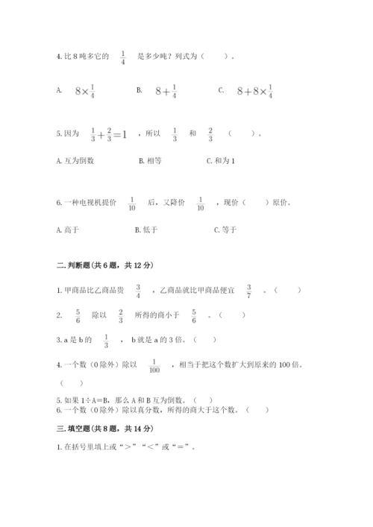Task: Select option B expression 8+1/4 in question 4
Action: point(166,91)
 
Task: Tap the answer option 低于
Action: point(149,230)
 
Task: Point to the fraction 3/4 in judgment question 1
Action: point(138,291)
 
